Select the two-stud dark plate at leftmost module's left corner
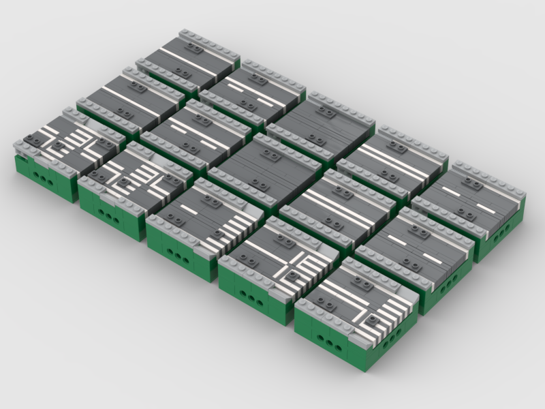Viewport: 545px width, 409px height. [x=29, y=139]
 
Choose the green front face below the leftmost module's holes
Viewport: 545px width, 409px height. [x=45, y=190]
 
